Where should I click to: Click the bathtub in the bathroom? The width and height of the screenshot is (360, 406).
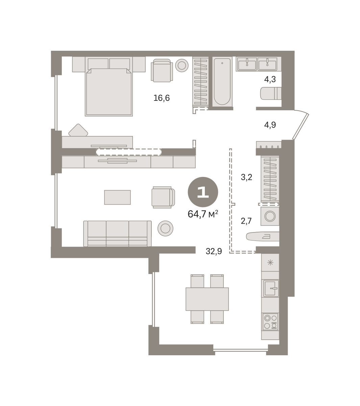222,82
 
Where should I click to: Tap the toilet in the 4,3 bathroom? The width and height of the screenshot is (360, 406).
271,93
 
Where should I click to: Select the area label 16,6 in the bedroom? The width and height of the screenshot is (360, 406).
162,98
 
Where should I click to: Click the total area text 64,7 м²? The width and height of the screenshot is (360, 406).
202,214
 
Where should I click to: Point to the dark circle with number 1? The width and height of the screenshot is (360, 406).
203,192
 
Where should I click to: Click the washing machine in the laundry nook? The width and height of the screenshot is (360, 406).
270,216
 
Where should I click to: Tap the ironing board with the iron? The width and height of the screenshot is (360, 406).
263,236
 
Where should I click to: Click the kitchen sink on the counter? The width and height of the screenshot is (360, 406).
270,288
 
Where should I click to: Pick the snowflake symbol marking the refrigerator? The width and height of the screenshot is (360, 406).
270,263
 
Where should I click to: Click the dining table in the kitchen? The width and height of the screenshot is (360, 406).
207,299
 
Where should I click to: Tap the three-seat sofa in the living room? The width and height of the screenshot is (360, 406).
117,233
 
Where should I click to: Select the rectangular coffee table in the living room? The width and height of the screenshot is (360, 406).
117,197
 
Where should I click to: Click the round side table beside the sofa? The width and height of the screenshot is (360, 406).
165,228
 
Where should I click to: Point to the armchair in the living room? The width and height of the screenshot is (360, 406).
163,197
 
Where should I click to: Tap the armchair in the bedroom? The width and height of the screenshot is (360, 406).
162,70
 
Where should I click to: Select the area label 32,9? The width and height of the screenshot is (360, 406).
214,251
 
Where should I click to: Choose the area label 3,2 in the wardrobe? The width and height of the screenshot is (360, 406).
246,177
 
